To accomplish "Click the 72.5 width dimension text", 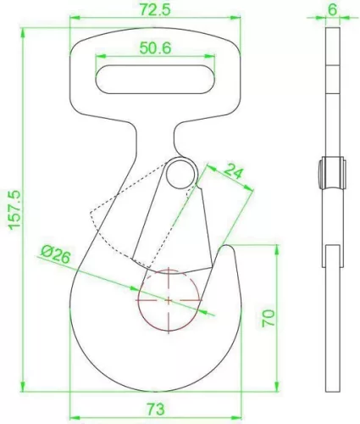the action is pyautogui.click(x=156, y=10).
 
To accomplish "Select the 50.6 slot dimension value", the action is pyautogui.click(x=156, y=48).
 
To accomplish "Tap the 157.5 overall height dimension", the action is pyautogui.click(x=14, y=209).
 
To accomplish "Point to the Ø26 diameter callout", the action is pyautogui.click(x=55, y=254).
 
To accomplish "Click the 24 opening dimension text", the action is pyautogui.click(x=233, y=171).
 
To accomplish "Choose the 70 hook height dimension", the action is pyautogui.click(x=269, y=318).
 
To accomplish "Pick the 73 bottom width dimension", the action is pyautogui.click(x=156, y=409).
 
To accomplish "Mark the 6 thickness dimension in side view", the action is pyautogui.click(x=333, y=10).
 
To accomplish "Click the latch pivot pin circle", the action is pyautogui.click(x=181, y=175).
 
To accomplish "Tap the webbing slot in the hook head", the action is pyautogui.click(x=155, y=80).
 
